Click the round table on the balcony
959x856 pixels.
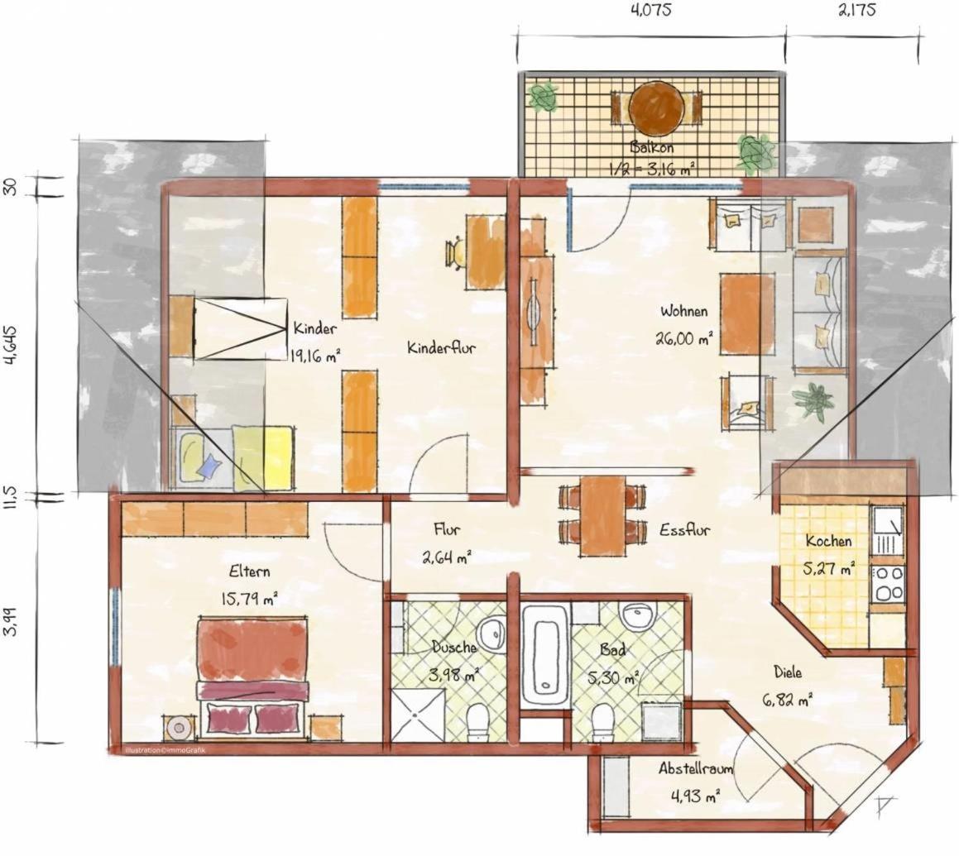tap(654, 109)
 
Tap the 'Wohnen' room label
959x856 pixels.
tap(683, 311)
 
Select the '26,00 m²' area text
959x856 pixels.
tap(683, 338)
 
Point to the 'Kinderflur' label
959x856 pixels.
tap(441, 348)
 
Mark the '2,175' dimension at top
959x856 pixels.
tap(856, 11)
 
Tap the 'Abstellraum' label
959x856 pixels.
tap(695, 768)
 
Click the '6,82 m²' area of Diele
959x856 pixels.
tap(788, 699)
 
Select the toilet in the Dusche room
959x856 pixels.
tap(477, 723)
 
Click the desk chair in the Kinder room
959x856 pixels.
tap(456, 252)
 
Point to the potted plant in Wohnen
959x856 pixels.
tap(813, 400)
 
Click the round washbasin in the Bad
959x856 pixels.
tap(637, 615)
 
